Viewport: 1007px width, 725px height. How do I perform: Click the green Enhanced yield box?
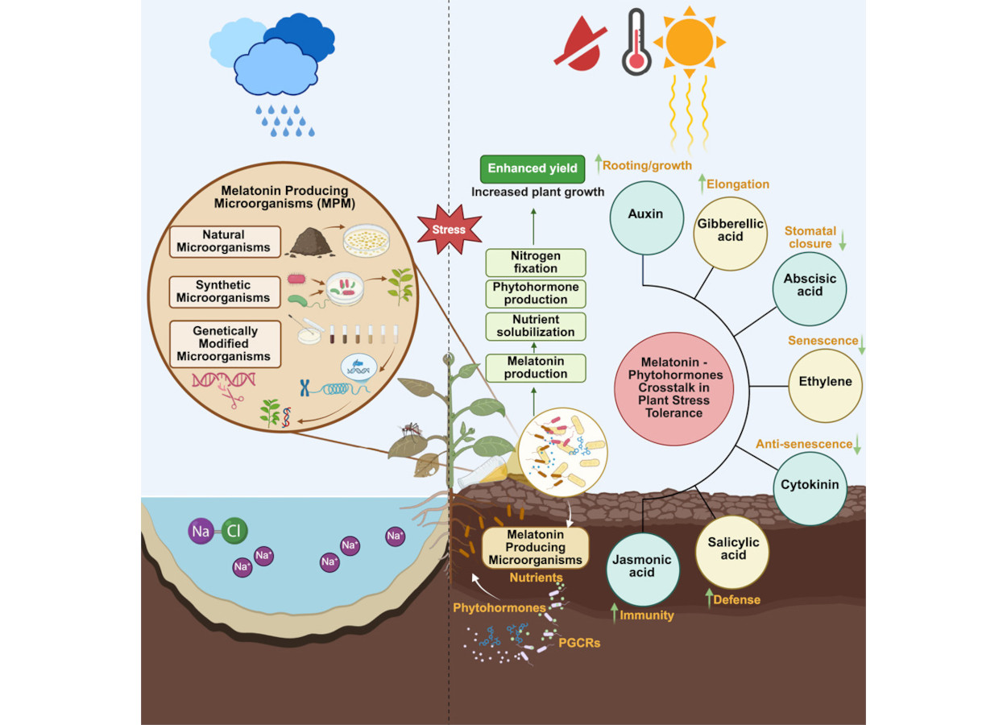[x=533, y=168]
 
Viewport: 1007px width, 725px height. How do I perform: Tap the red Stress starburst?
[x=449, y=230]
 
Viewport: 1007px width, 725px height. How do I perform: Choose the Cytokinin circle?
[x=810, y=486]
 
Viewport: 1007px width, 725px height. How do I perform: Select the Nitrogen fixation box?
[x=536, y=263]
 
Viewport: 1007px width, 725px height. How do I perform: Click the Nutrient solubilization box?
[x=536, y=326]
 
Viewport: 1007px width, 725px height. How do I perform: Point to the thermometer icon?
[x=636, y=42]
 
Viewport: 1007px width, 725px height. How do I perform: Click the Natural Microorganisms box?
[x=225, y=241]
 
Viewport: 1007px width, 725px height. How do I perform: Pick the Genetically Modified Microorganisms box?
[x=225, y=344]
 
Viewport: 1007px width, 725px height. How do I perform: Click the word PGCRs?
[x=579, y=643]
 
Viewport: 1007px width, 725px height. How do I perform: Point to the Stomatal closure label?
[x=810, y=237]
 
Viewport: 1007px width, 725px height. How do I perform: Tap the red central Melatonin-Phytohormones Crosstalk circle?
[x=673, y=388]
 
